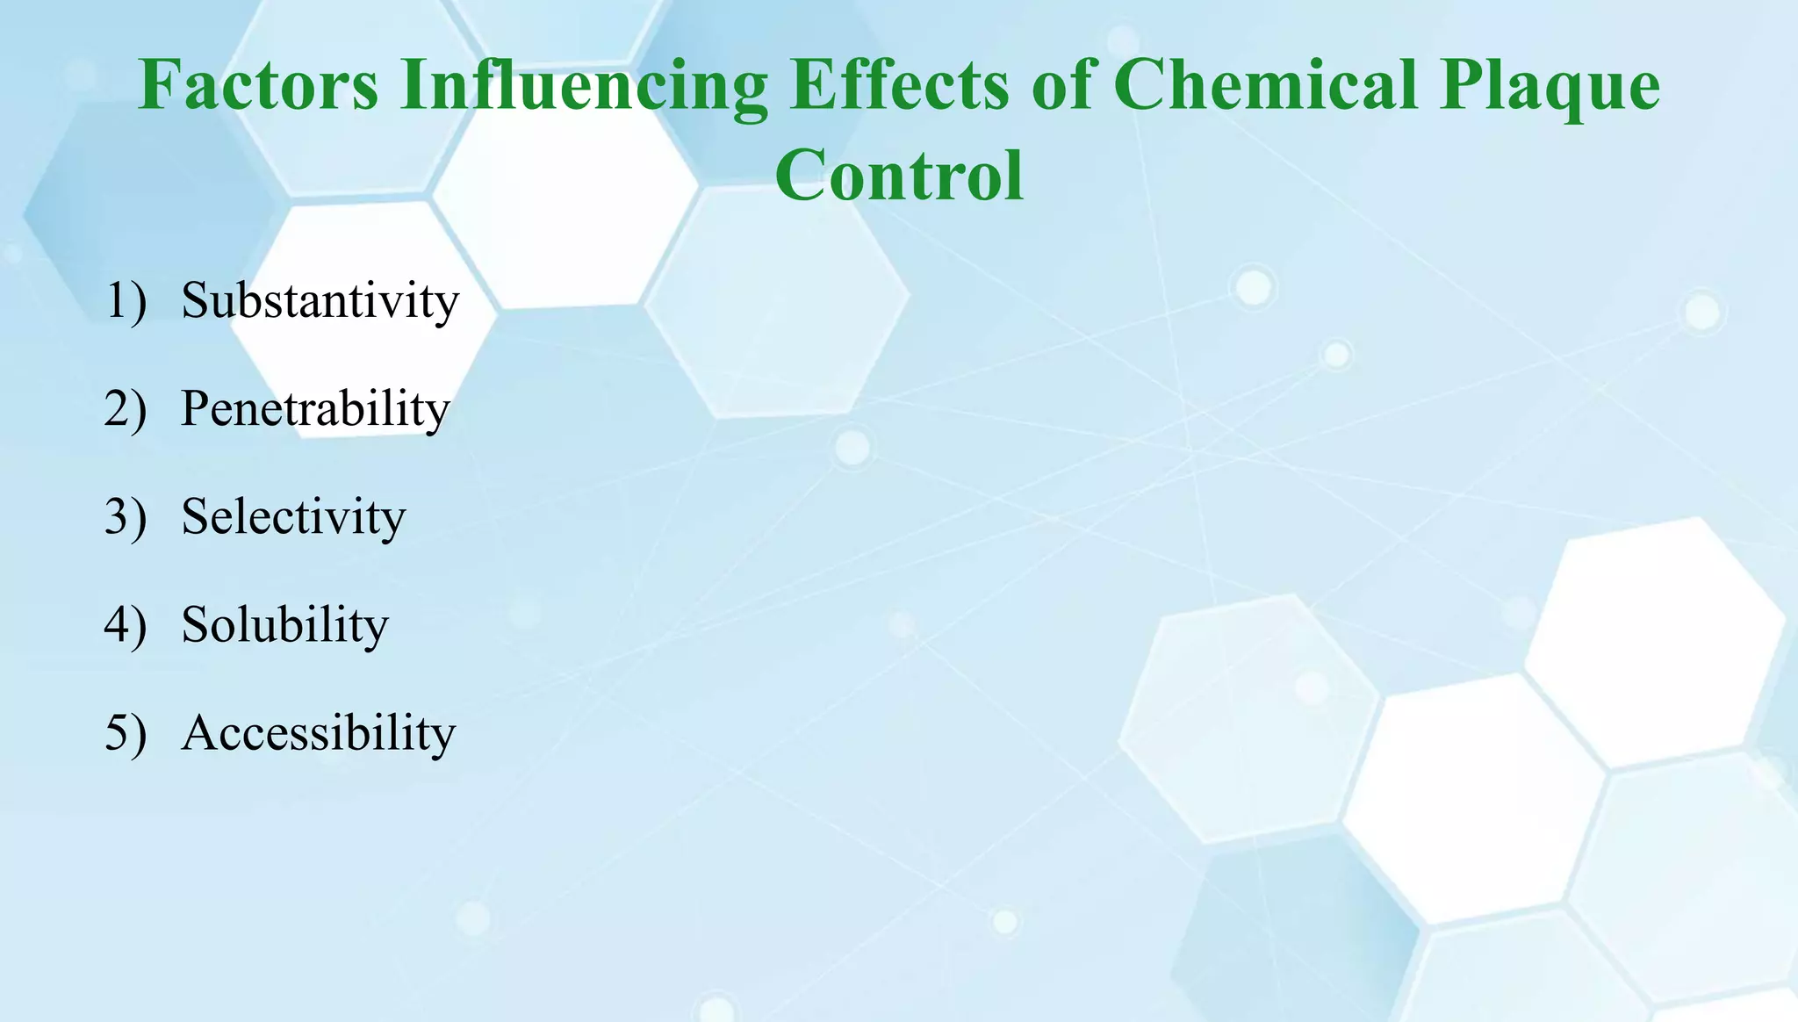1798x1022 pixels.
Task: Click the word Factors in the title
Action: tap(259, 85)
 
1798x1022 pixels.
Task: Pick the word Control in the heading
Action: tap(899, 175)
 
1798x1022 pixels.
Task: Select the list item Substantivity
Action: tap(320, 300)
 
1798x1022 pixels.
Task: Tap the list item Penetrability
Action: tap(315, 409)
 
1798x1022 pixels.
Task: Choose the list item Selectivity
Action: tap(293, 516)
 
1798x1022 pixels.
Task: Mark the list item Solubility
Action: tap(284, 625)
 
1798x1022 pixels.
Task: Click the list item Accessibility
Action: tap(319, 733)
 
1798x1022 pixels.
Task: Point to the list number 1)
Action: tap(126, 301)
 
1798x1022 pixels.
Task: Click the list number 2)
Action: tap(126, 409)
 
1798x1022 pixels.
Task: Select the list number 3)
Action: tap(126, 517)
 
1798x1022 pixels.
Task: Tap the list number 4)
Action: tap(126, 625)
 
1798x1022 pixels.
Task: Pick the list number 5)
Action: tap(126, 733)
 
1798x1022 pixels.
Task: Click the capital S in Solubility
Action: tap(195, 625)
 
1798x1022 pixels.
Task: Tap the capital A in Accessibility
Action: tap(199, 733)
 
